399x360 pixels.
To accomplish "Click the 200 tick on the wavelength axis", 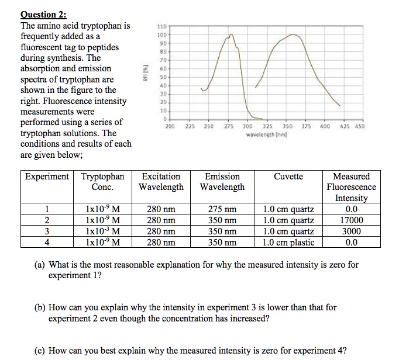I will (x=170, y=126).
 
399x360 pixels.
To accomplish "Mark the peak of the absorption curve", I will (x=232, y=36).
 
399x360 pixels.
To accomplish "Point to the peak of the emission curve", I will (x=293, y=34).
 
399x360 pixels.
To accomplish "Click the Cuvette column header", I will (x=288, y=176).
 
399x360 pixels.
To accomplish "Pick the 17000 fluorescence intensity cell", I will (x=351, y=220).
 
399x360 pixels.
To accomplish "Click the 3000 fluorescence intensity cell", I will (x=351, y=231).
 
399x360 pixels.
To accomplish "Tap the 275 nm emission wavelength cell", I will (x=222, y=209).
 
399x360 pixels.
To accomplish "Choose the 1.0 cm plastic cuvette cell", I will (x=288, y=243).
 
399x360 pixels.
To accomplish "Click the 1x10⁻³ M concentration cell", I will (x=103, y=231).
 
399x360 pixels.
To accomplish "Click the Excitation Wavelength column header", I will (x=161, y=182).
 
